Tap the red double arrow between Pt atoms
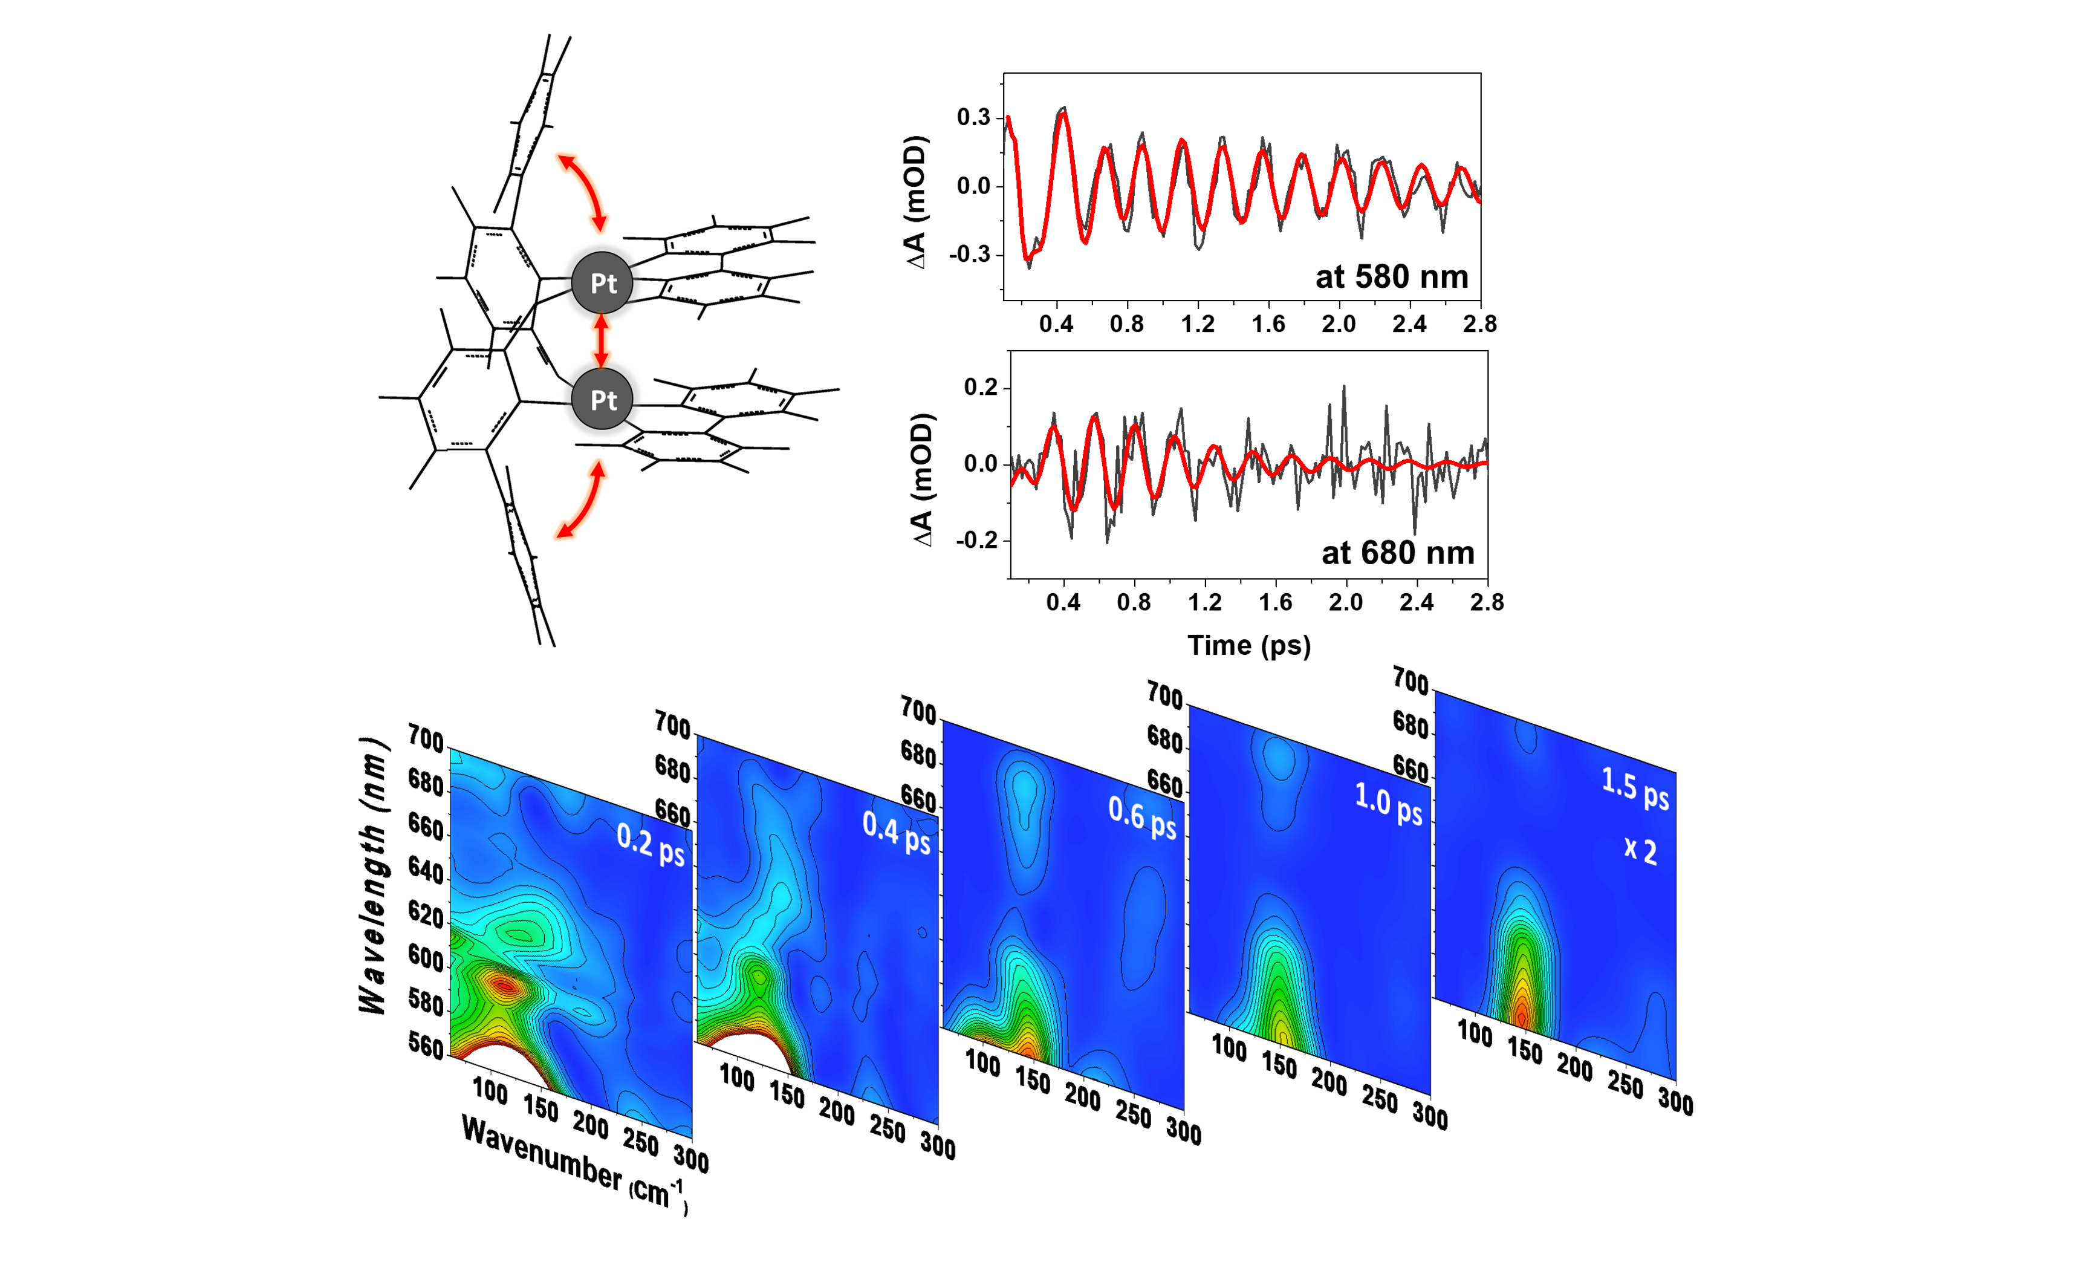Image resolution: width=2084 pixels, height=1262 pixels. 602,341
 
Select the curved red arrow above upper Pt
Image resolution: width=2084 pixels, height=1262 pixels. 583,190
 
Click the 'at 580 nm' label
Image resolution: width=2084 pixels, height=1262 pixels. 1391,276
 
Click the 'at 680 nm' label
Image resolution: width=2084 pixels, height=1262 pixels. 1397,553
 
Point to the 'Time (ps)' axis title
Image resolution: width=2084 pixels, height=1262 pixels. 1248,645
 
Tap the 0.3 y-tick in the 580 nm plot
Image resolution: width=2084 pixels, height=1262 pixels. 973,117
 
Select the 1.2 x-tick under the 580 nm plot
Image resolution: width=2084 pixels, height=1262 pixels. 1198,324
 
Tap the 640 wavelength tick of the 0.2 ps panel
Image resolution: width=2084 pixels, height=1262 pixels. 426,870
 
